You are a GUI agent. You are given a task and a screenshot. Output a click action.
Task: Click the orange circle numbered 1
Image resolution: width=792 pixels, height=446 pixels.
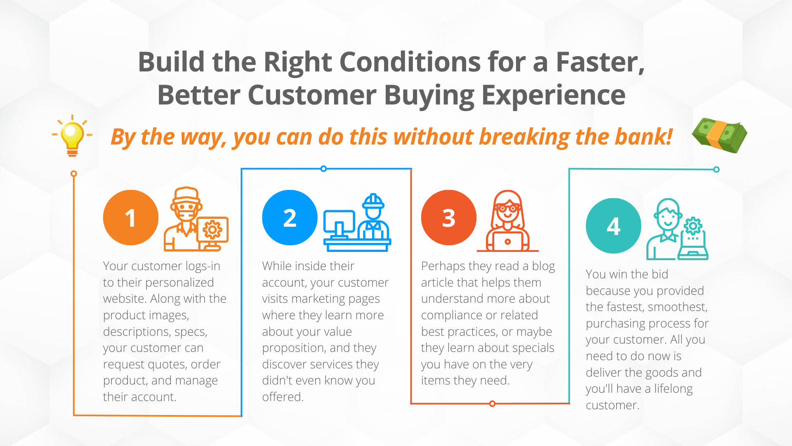point(131,218)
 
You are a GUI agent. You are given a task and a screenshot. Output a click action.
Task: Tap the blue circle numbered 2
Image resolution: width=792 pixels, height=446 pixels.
point(290,218)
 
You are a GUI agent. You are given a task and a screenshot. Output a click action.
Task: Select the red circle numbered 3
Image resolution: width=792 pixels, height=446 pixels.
point(449,218)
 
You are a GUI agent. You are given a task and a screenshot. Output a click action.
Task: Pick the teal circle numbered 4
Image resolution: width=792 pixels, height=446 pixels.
point(613,226)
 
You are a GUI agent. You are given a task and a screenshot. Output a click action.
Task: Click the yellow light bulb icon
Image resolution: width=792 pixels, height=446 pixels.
point(72,135)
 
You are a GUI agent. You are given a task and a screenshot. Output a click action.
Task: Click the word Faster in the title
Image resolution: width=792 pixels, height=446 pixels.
point(600,62)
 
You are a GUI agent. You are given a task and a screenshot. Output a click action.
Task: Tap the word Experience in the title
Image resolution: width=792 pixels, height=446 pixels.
point(553,95)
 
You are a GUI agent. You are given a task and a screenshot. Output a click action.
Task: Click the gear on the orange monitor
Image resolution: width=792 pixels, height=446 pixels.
point(212,229)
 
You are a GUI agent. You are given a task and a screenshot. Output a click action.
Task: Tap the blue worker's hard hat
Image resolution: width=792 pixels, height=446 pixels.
point(373,201)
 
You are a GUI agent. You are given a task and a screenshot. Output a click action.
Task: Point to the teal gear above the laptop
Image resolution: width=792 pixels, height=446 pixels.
point(693,226)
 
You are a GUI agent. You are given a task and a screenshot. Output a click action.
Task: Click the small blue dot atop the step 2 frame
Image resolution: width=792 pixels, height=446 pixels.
point(324,168)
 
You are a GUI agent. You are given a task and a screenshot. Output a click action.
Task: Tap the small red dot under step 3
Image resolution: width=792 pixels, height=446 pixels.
point(492,403)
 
